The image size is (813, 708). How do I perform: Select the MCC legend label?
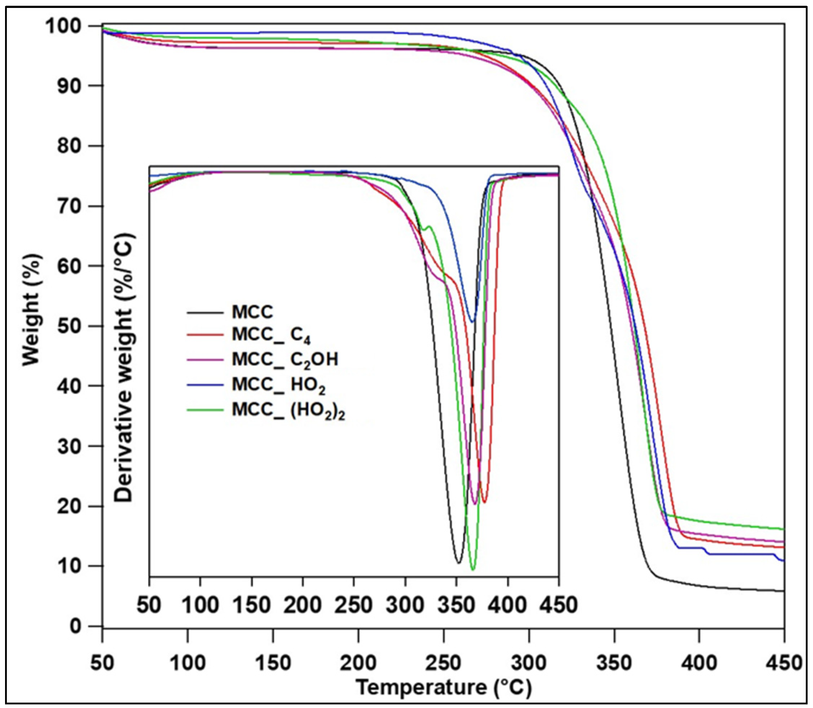tap(252, 312)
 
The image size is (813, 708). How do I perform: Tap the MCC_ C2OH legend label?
tap(285, 360)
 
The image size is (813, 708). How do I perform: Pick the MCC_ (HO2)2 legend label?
tap(289, 410)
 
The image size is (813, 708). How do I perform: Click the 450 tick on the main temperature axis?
tap(784, 663)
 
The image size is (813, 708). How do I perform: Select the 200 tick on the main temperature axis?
tap(358, 663)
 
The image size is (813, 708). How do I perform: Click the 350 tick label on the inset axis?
tap(456, 605)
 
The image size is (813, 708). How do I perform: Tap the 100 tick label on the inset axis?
tap(200, 605)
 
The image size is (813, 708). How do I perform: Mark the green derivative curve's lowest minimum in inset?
tap(473, 569)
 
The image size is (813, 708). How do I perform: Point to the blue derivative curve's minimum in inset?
tap(472, 322)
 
